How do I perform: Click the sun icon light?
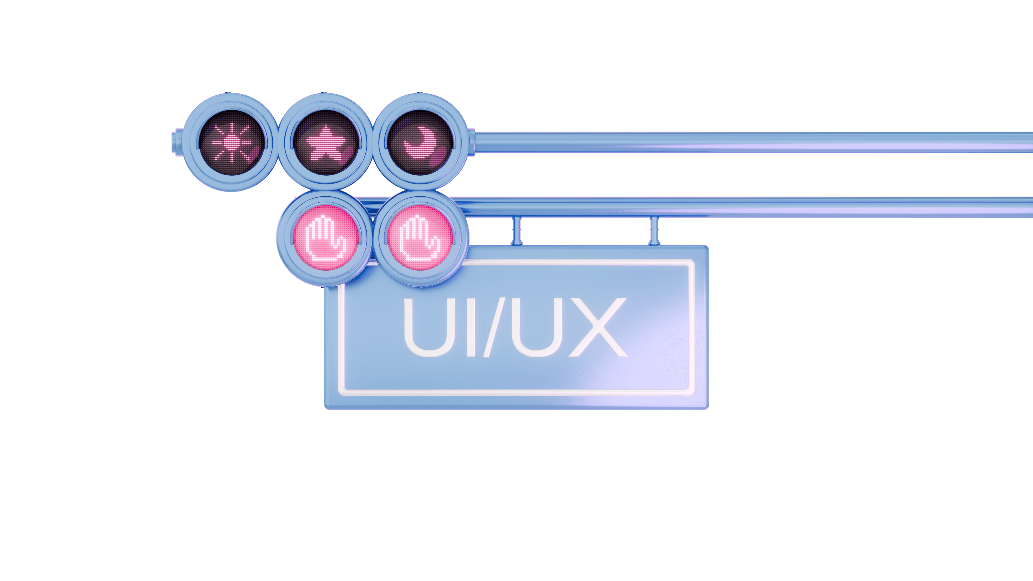(x=232, y=142)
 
